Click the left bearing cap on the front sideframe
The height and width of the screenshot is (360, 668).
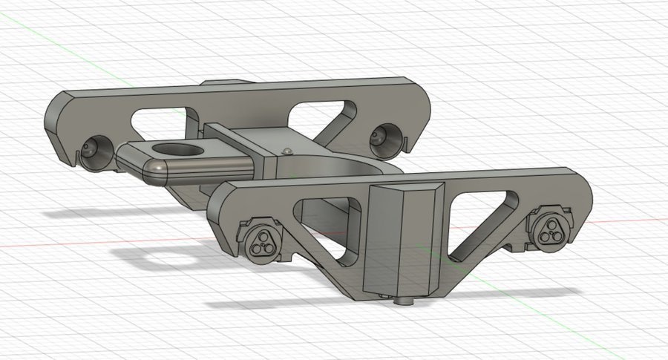[261, 238]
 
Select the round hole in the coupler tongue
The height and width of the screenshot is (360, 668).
[189, 151]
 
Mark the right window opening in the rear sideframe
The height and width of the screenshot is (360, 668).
[319, 115]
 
